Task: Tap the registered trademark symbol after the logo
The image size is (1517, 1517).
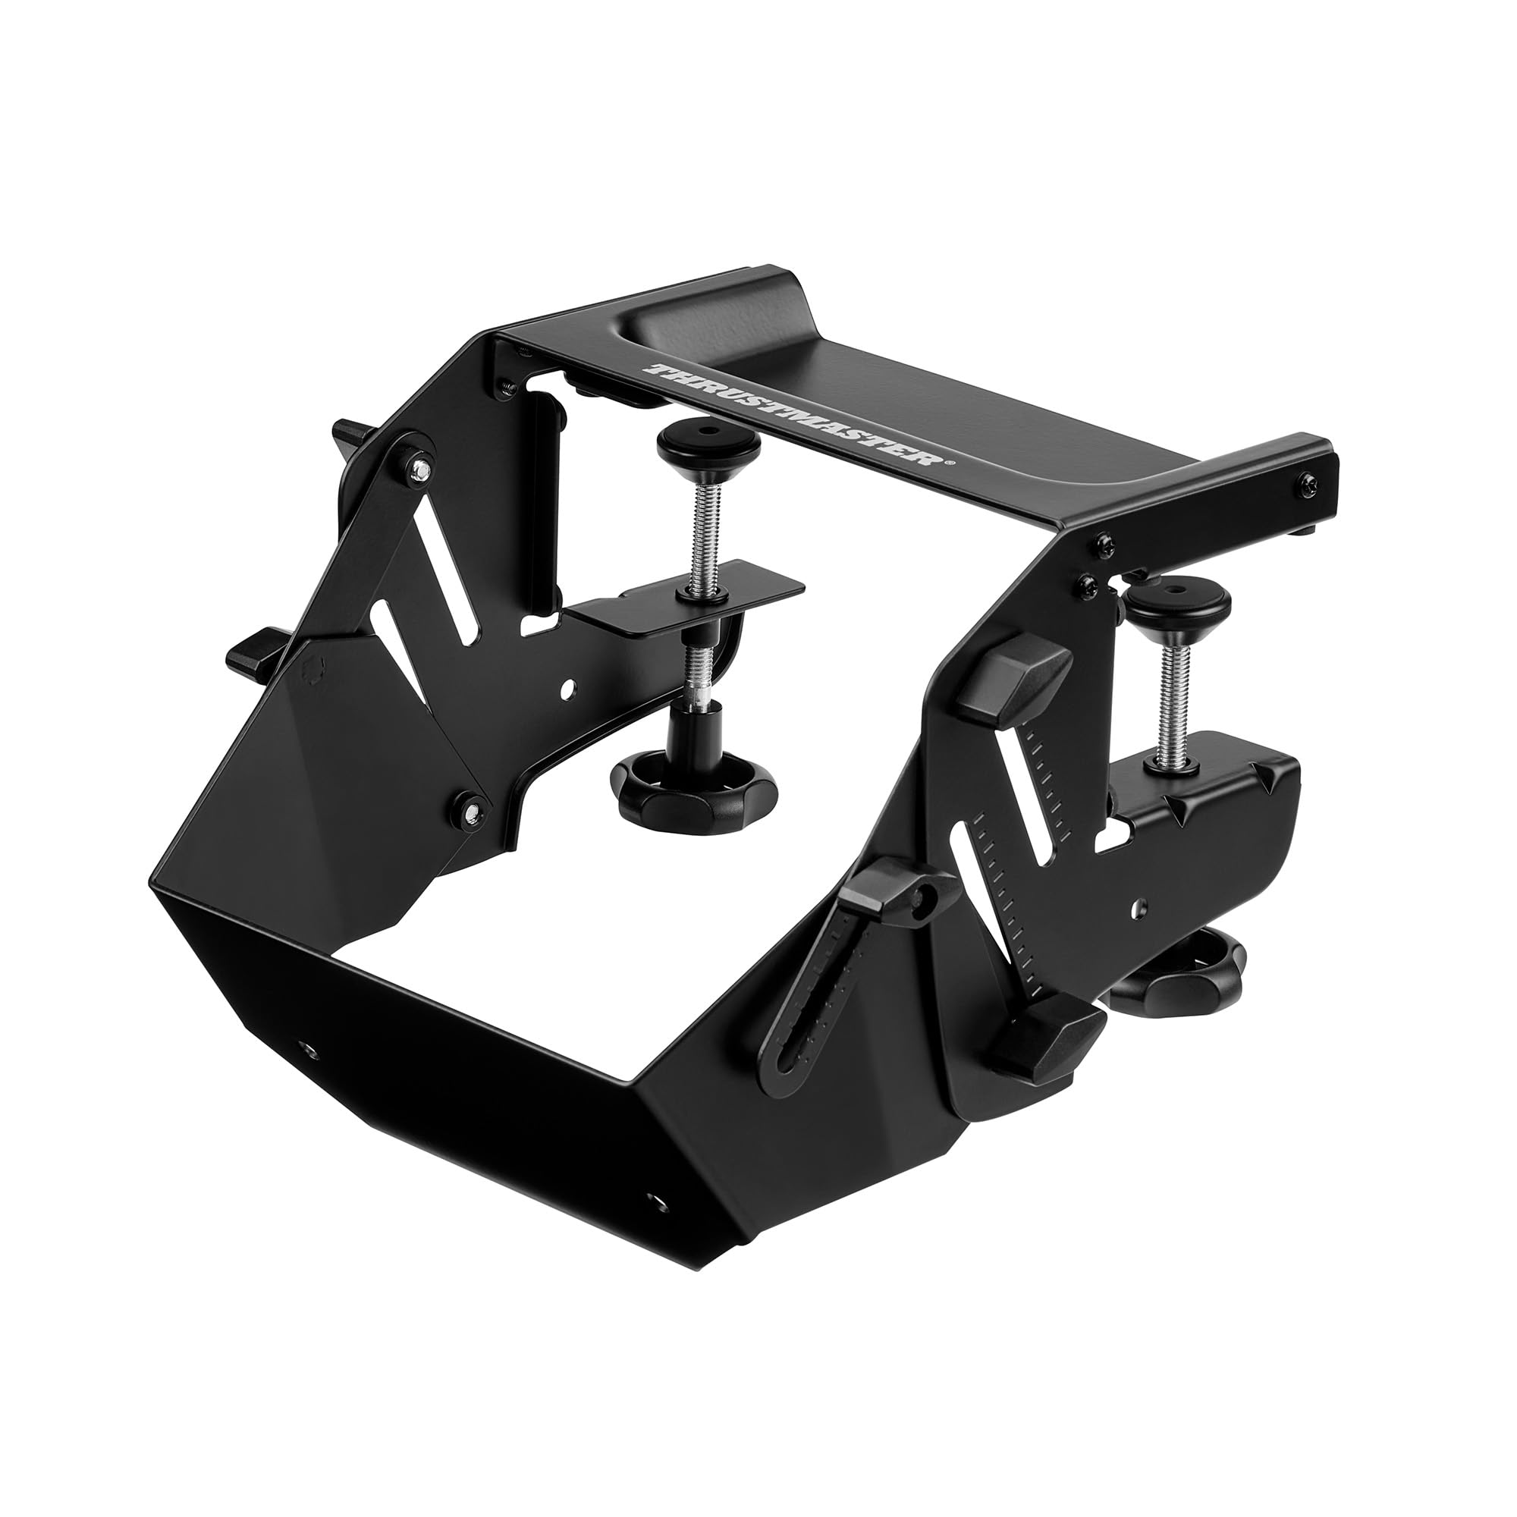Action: (x=952, y=464)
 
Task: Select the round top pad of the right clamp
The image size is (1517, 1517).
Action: (x=1176, y=599)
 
